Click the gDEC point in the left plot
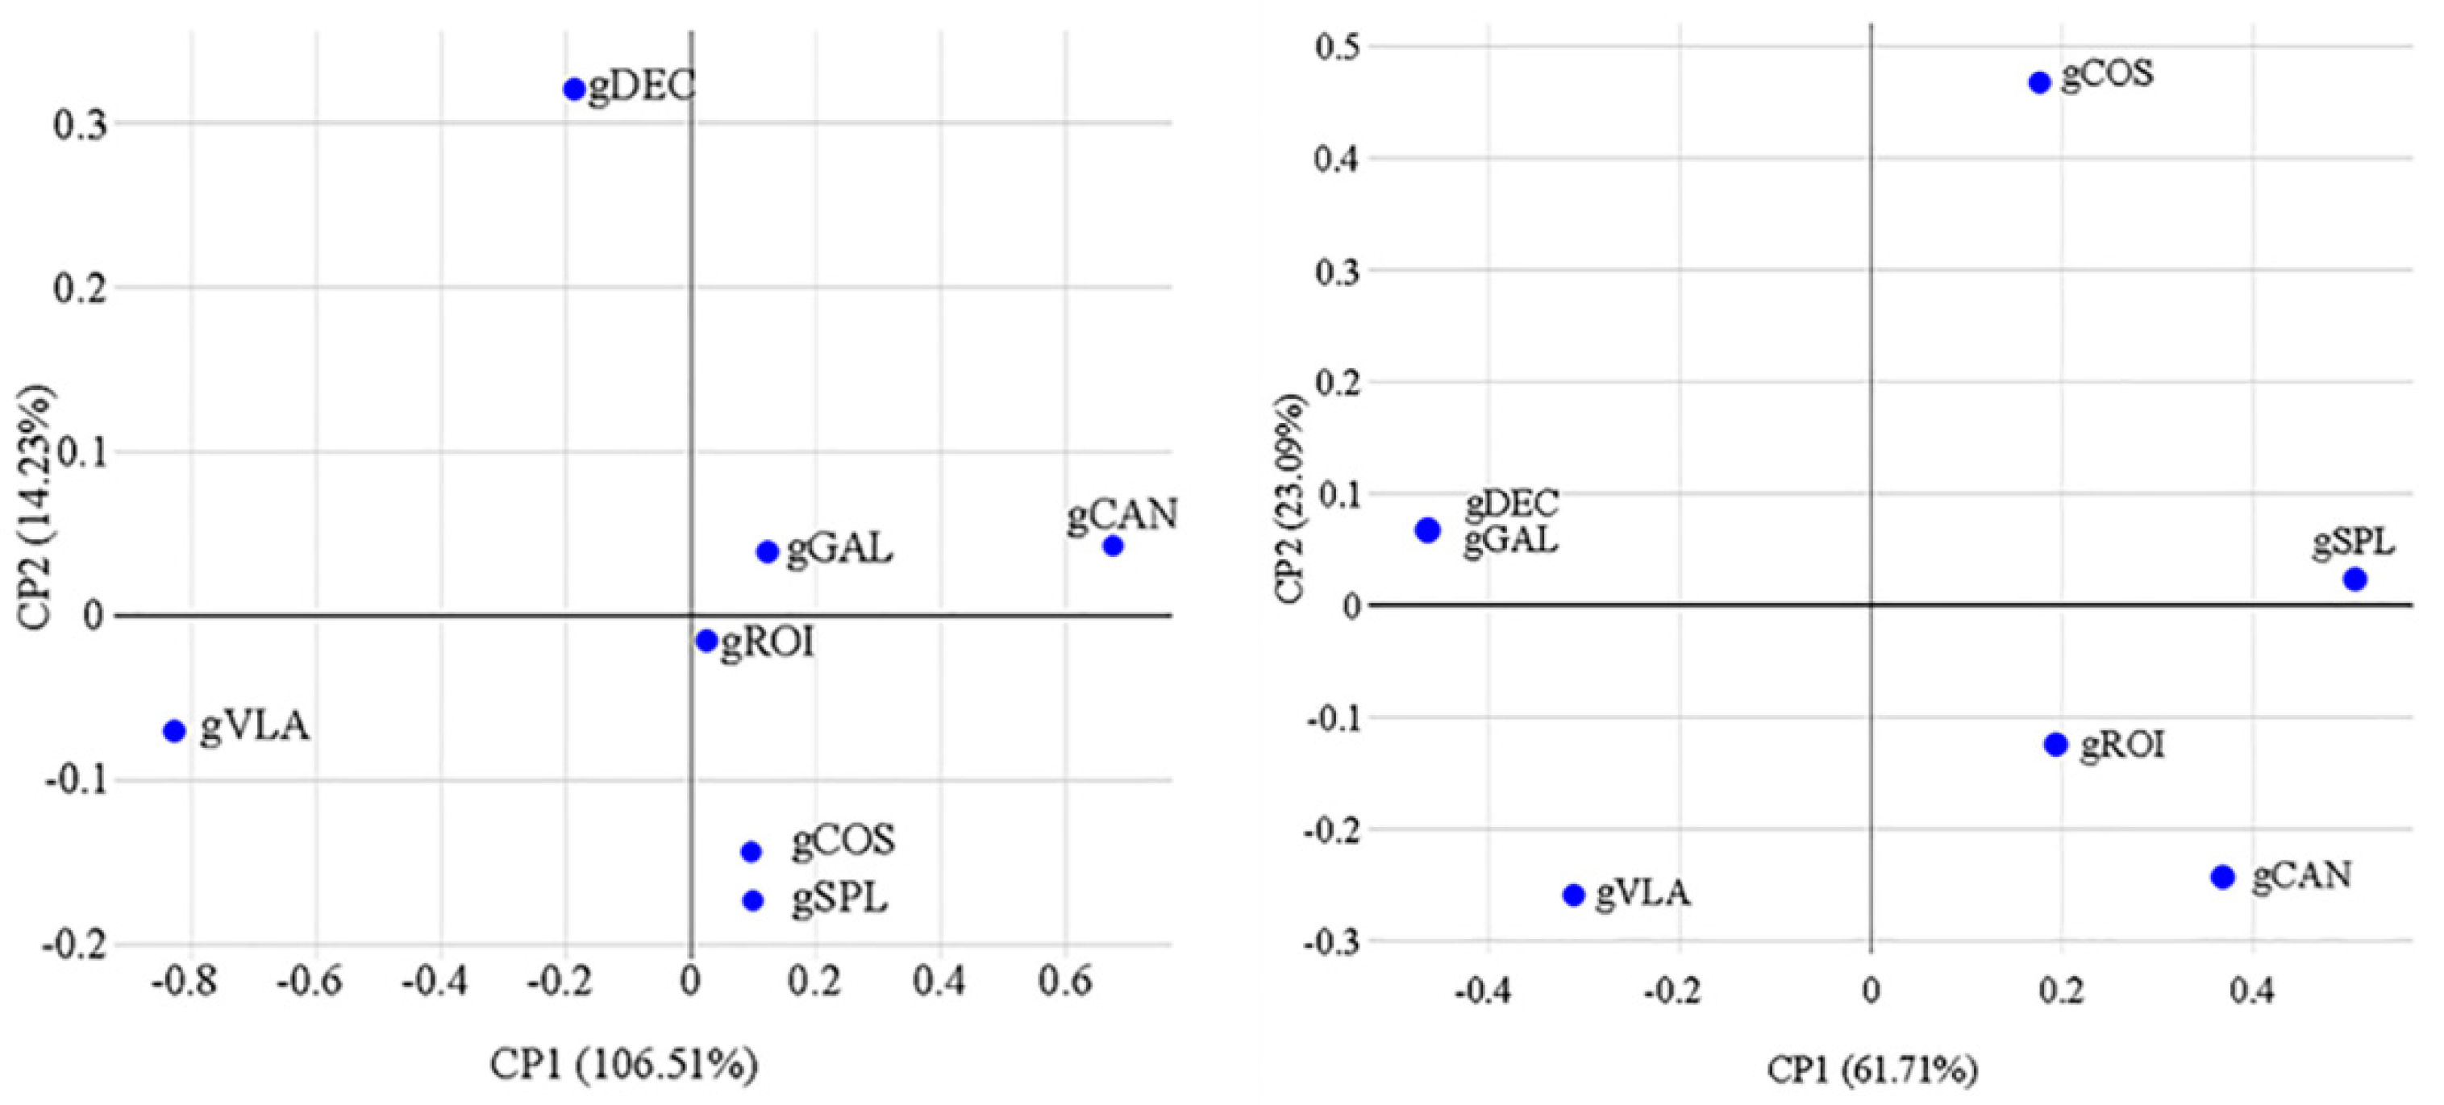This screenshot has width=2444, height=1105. coord(574,89)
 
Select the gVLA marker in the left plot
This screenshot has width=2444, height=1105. coord(173,730)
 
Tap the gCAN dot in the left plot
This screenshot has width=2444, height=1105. coord(1113,546)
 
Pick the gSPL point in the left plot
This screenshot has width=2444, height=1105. coord(752,900)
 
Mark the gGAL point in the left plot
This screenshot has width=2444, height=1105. coord(768,551)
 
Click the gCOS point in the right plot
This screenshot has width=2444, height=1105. coord(2040,82)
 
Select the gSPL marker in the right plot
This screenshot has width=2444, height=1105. coord(2354,579)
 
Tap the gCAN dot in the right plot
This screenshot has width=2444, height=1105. coord(2223,876)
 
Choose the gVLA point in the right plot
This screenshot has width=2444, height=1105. coord(1574,895)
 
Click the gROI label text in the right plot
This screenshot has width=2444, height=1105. coord(2122,746)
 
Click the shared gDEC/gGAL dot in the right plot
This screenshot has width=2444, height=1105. coord(1428,530)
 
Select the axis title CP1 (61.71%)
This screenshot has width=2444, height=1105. coord(1871,1070)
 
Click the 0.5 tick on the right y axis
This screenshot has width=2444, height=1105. coord(1335,45)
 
